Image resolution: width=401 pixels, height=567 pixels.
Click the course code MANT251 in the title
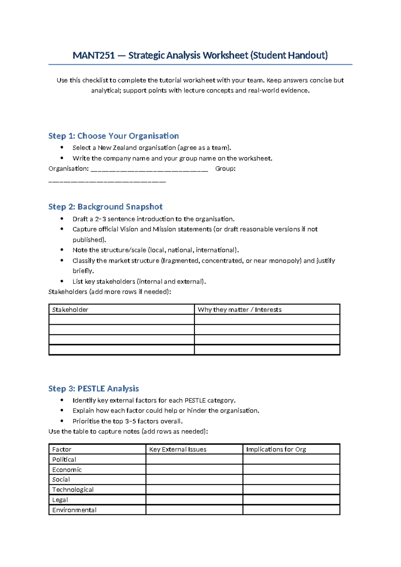pyautogui.click(x=94, y=55)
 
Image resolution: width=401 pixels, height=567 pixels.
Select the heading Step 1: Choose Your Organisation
pyautogui.click(x=113, y=136)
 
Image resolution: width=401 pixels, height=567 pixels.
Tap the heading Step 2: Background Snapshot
pyautogui.click(x=105, y=207)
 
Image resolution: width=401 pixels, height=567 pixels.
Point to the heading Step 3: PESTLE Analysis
pyautogui.click(x=94, y=388)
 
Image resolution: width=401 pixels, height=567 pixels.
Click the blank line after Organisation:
pyautogui.click(x=149, y=169)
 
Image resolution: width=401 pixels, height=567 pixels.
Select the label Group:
pyautogui.click(x=225, y=168)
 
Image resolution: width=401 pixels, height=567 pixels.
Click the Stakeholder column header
pyautogui.click(x=70, y=310)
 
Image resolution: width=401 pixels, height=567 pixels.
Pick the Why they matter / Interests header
pyautogui.click(x=239, y=310)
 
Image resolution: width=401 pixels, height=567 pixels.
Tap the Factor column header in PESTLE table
pyautogui.click(x=62, y=449)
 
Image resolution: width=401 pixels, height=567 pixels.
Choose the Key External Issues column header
pyautogui.click(x=178, y=449)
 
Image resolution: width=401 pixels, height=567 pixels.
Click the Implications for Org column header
pyautogui.click(x=276, y=449)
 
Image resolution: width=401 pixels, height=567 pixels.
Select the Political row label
pyautogui.click(x=64, y=459)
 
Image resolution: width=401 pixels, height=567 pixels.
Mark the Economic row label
pyautogui.click(x=67, y=469)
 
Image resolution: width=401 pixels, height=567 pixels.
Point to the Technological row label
pyautogui.click(x=73, y=489)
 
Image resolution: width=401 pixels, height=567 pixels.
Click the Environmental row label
pyautogui.click(x=74, y=510)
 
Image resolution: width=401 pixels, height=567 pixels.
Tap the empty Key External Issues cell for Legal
pyautogui.click(x=194, y=500)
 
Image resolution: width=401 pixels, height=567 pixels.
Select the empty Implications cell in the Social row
pyautogui.click(x=291, y=479)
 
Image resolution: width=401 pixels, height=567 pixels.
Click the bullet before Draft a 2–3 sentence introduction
pyautogui.click(x=62, y=219)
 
